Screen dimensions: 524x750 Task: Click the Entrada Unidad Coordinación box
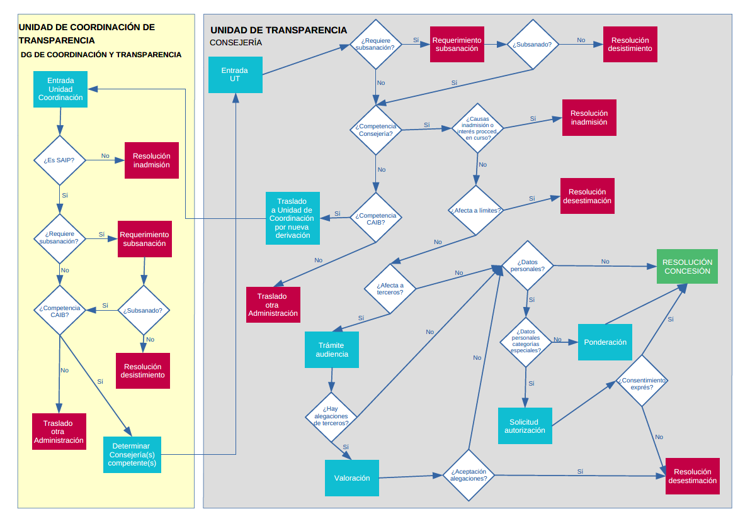(x=60, y=89)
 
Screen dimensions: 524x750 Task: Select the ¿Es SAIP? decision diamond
(x=59, y=160)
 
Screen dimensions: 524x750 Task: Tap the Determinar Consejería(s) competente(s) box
(x=132, y=454)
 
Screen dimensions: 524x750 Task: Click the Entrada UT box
(x=235, y=74)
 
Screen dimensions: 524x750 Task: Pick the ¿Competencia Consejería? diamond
(x=376, y=130)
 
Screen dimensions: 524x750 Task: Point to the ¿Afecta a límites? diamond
(x=475, y=210)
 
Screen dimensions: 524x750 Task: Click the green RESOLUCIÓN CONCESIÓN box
(x=687, y=267)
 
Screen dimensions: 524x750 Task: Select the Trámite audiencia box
(x=332, y=349)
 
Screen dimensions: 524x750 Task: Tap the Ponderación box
(x=605, y=342)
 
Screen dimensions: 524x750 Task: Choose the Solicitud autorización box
(x=525, y=426)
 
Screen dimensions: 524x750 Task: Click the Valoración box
(x=352, y=478)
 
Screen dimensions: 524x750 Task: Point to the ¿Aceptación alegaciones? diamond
(x=469, y=474)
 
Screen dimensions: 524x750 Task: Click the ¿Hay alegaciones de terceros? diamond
(x=331, y=416)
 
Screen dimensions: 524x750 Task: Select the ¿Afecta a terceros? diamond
(x=390, y=288)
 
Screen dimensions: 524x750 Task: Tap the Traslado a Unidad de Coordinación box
(x=292, y=218)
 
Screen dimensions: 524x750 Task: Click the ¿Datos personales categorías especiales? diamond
(x=526, y=341)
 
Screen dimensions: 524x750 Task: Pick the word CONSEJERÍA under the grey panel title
(x=236, y=43)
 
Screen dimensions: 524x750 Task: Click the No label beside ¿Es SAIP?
(x=105, y=156)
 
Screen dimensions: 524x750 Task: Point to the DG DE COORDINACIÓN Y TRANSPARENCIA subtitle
(x=101, y=55)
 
